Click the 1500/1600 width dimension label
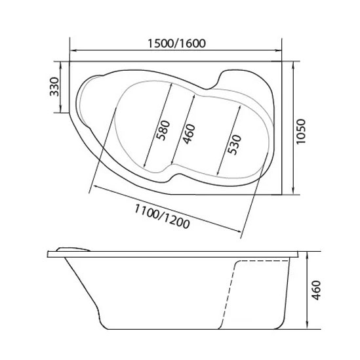[x=176, y=43]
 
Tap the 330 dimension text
[x=54, y=87]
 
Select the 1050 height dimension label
[x=301, y=132]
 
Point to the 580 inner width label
[x=163, y=130]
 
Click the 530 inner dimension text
[x=234, y=145]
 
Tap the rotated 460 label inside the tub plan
[x=188, y=134]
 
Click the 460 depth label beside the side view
[x=316, y=290]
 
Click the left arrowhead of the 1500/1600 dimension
[x=73, y=50]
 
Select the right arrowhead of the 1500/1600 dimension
[x=279, y=50]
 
